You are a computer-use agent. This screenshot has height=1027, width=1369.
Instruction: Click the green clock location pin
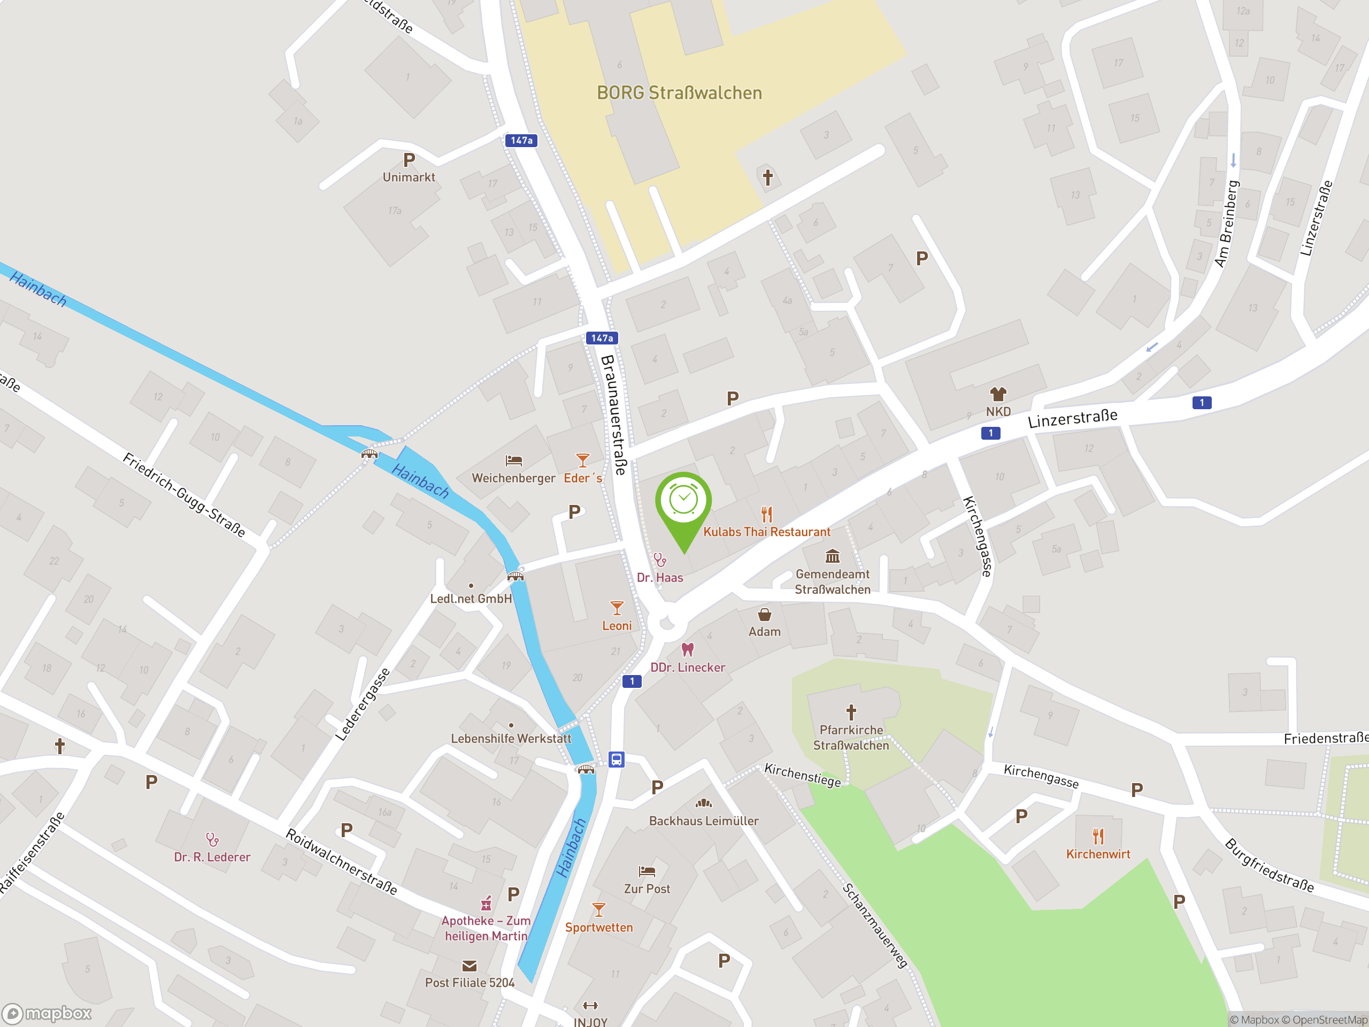[x=683, y=501]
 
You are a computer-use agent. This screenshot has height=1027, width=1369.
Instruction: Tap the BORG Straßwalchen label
[x=679, y=93]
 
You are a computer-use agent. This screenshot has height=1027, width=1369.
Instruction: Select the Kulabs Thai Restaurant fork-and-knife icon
[x=767, y=514]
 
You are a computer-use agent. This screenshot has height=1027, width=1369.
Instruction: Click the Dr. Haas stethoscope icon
[x=660, y=560]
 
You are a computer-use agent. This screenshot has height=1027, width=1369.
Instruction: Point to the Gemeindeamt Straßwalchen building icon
[x=833, y=556]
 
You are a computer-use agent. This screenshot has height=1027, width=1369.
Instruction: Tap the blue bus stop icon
[x=616, y=759]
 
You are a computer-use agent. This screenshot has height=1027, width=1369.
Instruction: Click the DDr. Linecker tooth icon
[x=688, y=649]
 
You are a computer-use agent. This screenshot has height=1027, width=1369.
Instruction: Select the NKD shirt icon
[x=998, y=394]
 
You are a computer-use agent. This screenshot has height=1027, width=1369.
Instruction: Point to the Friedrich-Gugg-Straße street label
[x=184, y=495]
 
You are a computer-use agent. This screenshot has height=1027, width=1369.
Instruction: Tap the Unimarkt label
[x=409, y=178]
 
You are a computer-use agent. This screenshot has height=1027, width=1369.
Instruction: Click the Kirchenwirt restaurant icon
[x=1098, y=837]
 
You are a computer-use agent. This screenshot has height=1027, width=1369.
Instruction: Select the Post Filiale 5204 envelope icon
[x=469, y=965]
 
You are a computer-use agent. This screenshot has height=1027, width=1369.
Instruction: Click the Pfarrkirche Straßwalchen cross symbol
[x=851, y=712]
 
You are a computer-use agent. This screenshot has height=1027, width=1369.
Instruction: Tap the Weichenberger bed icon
[x=514, y=461]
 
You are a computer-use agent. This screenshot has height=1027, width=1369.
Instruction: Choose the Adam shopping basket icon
[x=764, y=614]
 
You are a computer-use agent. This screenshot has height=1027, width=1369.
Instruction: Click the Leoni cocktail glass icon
[x=617, y=607]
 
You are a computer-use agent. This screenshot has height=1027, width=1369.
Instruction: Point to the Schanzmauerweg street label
[x=874, y=925]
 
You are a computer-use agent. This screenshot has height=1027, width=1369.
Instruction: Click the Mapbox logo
[x=47, y=1014]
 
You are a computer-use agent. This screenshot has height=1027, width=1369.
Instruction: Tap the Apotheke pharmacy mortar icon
[x=487, y=903]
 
